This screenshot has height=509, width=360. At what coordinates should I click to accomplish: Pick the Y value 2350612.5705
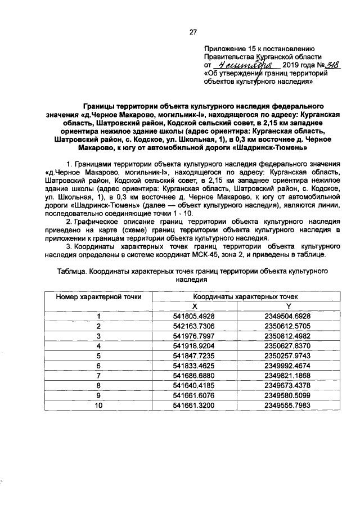click(x=288, y=326)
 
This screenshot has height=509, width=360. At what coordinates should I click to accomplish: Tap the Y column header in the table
click(x=288, y=305)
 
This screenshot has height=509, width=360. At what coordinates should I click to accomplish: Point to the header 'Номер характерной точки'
click(x=98, y=296)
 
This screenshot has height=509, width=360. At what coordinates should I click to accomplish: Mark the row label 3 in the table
click(x=98, y=336)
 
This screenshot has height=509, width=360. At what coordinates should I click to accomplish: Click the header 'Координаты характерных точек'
click(x=242, y=296)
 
